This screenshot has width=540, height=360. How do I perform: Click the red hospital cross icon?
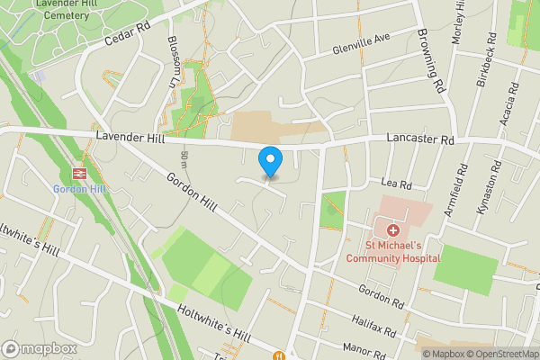(393, 231)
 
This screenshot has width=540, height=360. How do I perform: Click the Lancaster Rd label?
(420, 140)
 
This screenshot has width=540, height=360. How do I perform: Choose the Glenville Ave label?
(360, 40)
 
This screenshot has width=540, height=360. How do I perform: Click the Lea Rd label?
(396, 184)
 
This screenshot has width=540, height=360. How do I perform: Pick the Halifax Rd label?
(375, 321)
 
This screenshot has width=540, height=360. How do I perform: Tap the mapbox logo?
(40, 348)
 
